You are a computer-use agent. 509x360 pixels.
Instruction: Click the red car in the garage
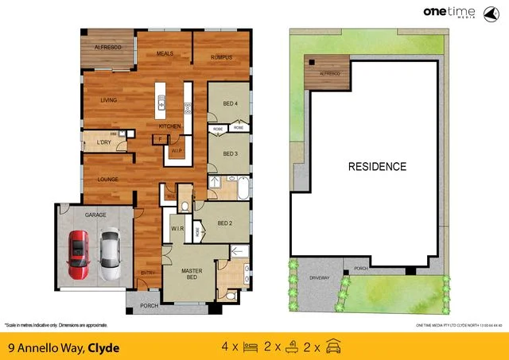point(78,254)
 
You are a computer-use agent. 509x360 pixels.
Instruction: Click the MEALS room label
point(165,53)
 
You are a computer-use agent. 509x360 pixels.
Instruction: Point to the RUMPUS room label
point(221,57)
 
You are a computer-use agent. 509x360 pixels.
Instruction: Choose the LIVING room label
point(109,100)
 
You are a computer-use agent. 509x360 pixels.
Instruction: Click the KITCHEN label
point(169,126)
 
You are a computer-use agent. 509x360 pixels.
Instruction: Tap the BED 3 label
point(231,153)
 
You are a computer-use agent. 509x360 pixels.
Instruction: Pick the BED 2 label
point(224,223)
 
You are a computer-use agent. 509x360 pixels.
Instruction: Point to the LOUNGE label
point(108,179)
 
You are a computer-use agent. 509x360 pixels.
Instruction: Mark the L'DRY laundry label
point(103,142)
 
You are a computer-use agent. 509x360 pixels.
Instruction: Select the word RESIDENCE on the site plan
point(377,167)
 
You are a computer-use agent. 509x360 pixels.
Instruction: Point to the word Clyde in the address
point(104,346)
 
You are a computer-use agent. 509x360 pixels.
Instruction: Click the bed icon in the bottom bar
point(249,346)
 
